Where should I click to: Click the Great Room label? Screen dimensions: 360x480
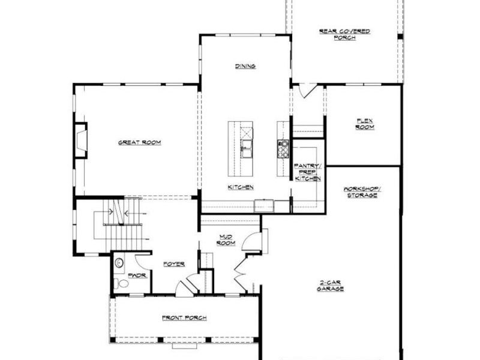[139, 142]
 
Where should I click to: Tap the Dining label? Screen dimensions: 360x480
[245, 66]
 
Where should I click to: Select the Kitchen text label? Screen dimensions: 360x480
[240, 187]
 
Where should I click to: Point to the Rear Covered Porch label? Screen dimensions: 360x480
[344, 34]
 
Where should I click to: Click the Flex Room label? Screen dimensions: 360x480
[364, 124]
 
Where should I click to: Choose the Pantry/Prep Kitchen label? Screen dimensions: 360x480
[307, 172]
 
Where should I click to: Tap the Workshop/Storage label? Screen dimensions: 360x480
[361, 192]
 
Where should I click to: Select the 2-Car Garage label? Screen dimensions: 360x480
[330, 286]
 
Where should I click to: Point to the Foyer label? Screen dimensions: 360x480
[173, 264]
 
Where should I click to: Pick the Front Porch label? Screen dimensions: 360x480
[181, 317]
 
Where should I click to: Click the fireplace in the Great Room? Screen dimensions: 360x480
[80, 140]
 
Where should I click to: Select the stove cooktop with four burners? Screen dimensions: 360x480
[283, 148]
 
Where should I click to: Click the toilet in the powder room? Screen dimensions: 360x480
[122, 283]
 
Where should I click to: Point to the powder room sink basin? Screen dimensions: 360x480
[119, 262]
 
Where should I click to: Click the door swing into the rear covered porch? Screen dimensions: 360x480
[308, 91]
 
